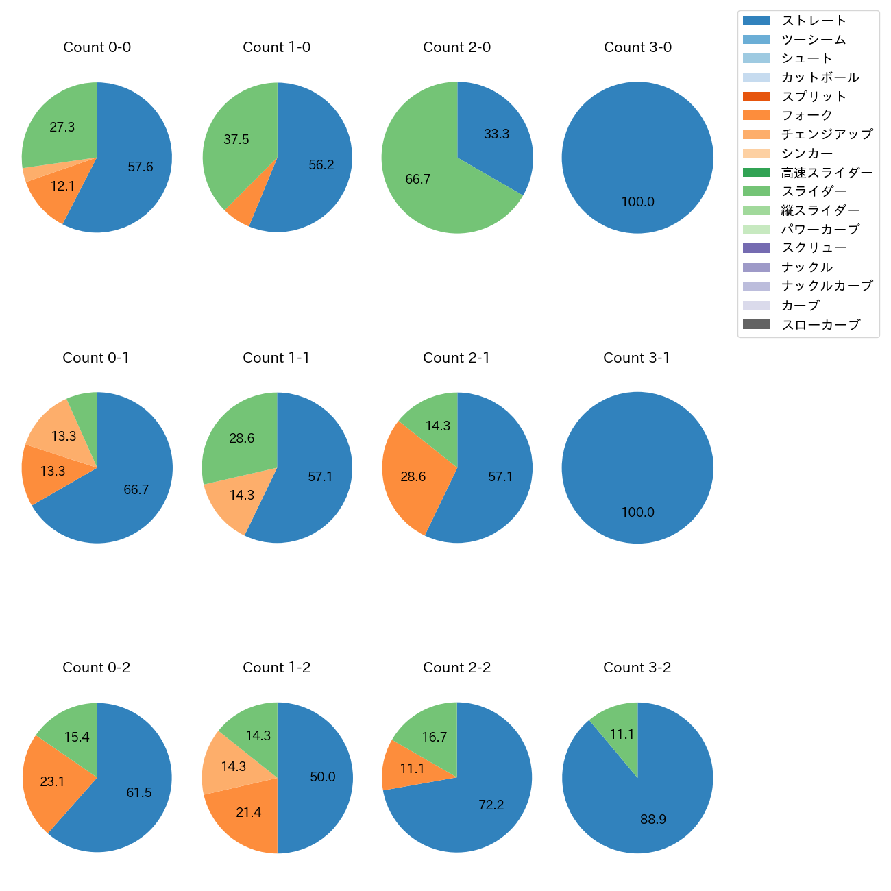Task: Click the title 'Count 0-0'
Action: pyautogui.click(x=97, y=47)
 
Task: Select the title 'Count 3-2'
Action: pyautogui.click(x=637, y=668)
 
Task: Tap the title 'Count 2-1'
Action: pyautogui.click(x=456, y=358)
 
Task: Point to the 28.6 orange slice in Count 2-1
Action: pyautogui.click(x=413, y=476)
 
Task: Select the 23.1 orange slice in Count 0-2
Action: pyautogui.click(x=52, y=781)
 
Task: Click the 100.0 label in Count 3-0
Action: pyautogui.click(x=637, y=202)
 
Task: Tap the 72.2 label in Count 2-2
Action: pyautogui.click(x=491, y=805)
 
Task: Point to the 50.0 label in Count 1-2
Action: pyautogui.click(x=322, y=777)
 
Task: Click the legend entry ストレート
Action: pyautogui.click(x=814, y=21)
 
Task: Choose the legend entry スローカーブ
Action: pyautogui.click(x=820, y=325)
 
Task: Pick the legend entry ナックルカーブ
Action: pyautogui.click(x=827, y=286)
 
